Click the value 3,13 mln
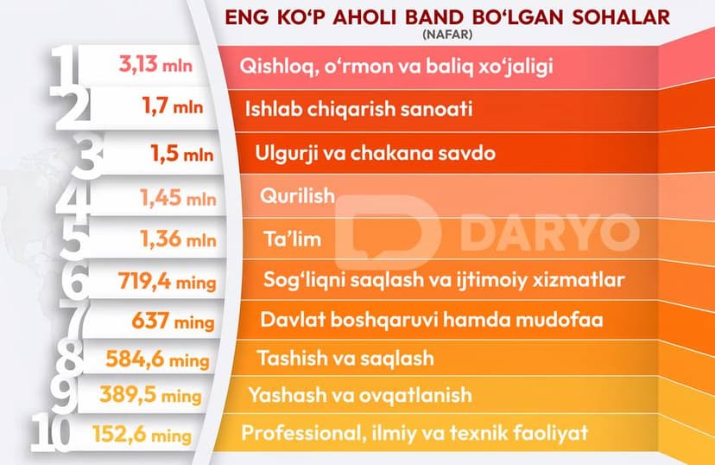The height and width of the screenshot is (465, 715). pyautogui.click(x=155, y=64)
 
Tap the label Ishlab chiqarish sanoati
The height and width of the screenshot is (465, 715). pyautogui.click(x=358, y=109)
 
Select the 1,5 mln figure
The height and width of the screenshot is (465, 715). pyautogui.click(x=182, y=154)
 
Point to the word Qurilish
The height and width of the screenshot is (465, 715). pyautogui.click(x=297, y=195)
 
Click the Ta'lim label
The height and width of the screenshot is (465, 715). pyautogui.click(x=292, y=239)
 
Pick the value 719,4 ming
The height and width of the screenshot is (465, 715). pyautogui.click(x=167, y=281)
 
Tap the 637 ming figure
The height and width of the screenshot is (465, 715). pyautogui.click(x=173, y=321)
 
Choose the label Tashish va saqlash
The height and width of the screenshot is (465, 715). pyautogui.click(x=345, y=358)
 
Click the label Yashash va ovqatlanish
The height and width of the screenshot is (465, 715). pyautogui.click(x=360, y=395)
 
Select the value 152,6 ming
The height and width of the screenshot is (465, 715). pyautogui.click(x=142, y=434)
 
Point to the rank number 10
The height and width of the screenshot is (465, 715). pyautogui.click(x=52, y=433)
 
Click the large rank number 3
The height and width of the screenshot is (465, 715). pyautogui.click(x=87, y=156)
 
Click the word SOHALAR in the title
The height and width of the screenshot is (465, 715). pyautogui.click(x=621, y=17)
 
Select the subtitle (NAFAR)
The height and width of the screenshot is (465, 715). pyautogui.click(x=447, y=35)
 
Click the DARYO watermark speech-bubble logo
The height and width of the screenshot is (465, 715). pyautogui.click(x=388, y=232)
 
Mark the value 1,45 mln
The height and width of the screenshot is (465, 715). pyautogui.click(x=178, y=198)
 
